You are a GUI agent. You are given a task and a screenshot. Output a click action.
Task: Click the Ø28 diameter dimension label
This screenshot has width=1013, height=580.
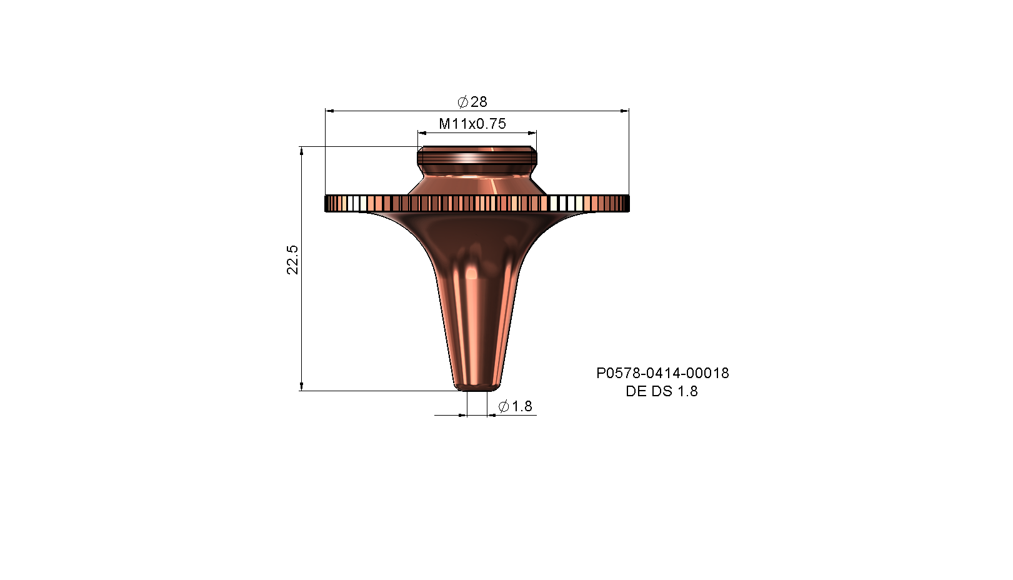(x=472, y=102)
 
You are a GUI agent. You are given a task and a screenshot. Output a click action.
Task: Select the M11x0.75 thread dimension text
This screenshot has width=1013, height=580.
(x=472, y=124)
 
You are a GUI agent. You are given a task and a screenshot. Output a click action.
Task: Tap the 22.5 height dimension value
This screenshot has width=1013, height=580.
(x=292, y=260)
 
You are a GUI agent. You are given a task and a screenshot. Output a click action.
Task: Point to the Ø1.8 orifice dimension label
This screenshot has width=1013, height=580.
(x=515, y=406)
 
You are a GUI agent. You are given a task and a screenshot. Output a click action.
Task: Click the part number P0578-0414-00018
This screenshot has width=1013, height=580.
(x=662, y=373)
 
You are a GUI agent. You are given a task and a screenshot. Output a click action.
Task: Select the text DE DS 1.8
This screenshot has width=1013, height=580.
(x=662, y=391)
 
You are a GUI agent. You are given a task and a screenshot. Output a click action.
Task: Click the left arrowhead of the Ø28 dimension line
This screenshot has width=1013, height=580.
(x=330, y=111)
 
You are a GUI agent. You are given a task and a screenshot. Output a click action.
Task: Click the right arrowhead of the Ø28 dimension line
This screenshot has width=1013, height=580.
(x=624, y=111)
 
